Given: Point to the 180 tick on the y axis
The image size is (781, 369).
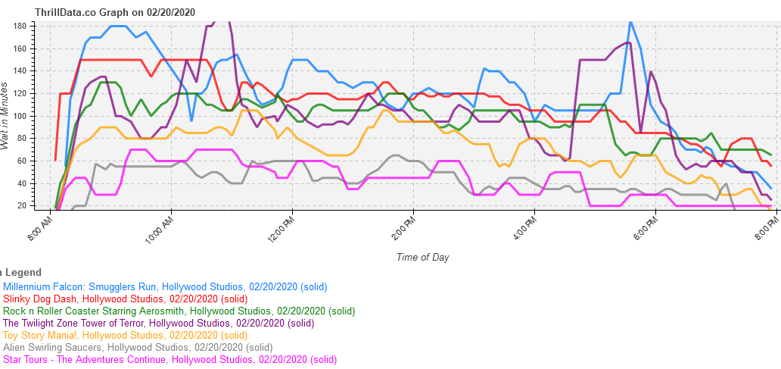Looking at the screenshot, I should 20,26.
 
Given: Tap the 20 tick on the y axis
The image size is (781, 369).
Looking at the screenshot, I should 23,205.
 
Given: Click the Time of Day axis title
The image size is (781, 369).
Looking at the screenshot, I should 422,257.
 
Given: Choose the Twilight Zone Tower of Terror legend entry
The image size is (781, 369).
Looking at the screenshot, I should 158,323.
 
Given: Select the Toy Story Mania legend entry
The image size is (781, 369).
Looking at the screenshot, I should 126,335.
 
